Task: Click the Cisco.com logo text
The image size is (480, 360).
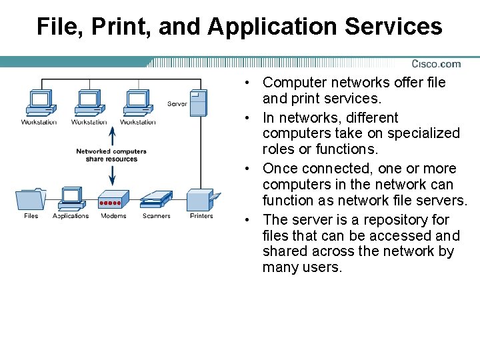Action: tap(435, 64)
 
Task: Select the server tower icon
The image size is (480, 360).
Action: tap(198, 104)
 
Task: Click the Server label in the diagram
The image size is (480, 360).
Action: tap(177, 104)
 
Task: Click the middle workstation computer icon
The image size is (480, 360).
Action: tap(88, 103)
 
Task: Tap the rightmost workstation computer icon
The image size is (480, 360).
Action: tap(137, 103)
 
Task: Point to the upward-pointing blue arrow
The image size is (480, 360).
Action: tap(112, 136)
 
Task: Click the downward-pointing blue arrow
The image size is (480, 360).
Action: tap(112, 175)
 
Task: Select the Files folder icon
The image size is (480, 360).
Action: tap(31, 199)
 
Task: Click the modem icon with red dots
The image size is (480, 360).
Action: tap(112, 201)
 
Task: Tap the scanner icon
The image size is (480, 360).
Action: tap(156, 199)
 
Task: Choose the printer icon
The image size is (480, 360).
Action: tap(201, 199)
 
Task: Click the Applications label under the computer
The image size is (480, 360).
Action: tap(71, 216)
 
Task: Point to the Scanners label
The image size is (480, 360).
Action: tap(156, 216)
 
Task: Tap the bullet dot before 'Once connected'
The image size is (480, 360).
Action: tap(247, 169)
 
